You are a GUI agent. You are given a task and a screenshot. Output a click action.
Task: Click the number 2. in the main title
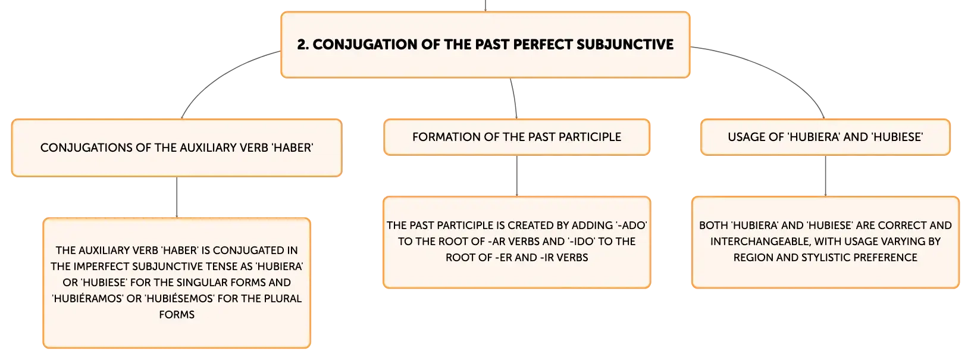pyautogui.click(x=303, y=44)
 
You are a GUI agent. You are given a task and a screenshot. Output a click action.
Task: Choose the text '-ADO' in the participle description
pyautogui.click(x=631, y=226)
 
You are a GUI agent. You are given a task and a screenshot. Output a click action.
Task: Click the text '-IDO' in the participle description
pyautogui.click(x=582, y=242)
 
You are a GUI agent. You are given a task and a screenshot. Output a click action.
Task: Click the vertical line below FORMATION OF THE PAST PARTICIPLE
pyautogui.click(x=516, y=176)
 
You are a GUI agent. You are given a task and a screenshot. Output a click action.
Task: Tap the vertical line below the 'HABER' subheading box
pyautogui.click(x=177, y=198)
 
